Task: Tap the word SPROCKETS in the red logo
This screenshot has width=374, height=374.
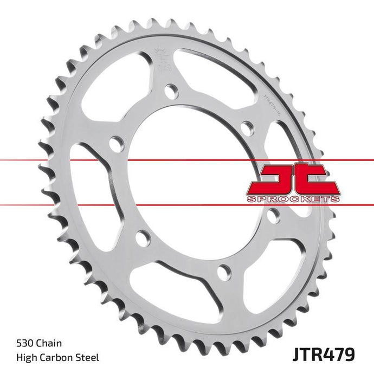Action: (293, 199)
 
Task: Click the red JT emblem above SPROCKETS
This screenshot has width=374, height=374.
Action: (293, 179)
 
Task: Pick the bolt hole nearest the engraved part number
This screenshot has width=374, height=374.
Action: (247, 129)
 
